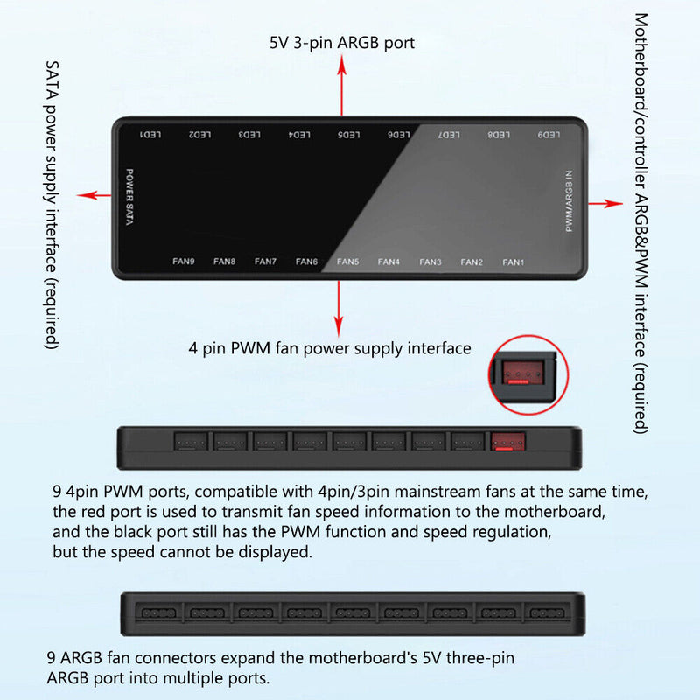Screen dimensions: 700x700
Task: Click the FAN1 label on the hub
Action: click(513, 262)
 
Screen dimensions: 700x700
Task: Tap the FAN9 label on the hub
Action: click(184, 261)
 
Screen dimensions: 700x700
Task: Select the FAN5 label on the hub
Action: click(347, 262)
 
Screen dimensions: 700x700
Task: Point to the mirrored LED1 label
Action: click(150, 135)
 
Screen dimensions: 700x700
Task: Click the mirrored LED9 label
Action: click(549, 135)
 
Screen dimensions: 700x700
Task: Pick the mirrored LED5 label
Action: click(348, 135)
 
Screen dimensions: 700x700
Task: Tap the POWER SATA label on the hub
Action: click(129, 196)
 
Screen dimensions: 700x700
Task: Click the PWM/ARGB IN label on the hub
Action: click(569, 201)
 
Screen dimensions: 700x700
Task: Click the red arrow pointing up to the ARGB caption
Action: click(342, 85)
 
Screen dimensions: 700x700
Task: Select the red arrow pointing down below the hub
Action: click(339, 308)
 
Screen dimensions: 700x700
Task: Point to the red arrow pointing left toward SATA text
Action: click(94, 195)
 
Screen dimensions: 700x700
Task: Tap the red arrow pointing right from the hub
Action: click(605, 204)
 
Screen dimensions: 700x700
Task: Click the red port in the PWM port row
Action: click(508, 442)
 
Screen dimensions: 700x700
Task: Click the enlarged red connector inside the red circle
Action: click(523, 373)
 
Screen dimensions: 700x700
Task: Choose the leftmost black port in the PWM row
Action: click(191, 442)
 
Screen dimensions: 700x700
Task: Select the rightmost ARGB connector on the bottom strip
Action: click(547, 613)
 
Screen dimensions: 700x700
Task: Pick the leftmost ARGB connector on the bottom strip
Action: click(158, 613)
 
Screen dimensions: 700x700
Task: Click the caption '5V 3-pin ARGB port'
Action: click(342, 43)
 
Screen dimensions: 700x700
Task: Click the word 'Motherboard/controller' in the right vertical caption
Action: click(641, 101)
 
